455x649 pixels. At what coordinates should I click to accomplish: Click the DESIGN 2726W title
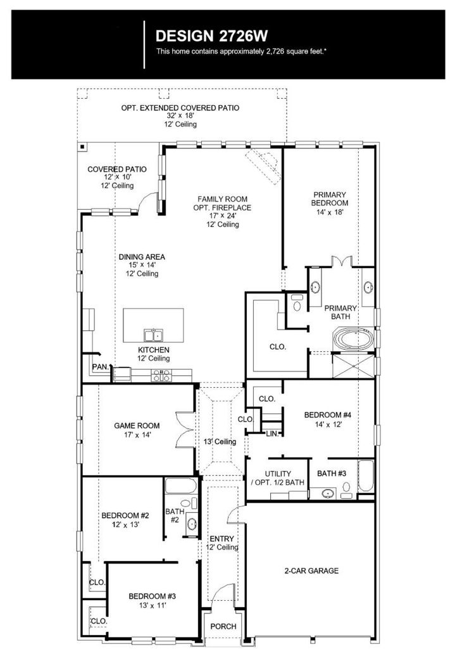[x=211, y=36]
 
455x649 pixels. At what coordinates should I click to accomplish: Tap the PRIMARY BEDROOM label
[x=329, y=198]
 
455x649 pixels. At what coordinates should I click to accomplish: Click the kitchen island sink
[x=153, y=335]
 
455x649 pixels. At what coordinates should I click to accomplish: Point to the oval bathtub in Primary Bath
[x=353, y=338]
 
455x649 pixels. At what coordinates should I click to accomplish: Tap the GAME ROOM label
[x=137, y=425]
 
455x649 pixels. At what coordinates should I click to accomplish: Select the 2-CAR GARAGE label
[x=311, y=571]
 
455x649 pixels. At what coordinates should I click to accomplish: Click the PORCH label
[x=223, y=626]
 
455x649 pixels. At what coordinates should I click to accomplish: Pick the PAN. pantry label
[x=101, y=367]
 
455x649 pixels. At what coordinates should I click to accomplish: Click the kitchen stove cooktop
[x=161, y=375]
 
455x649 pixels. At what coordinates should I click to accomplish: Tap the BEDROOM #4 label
[x=328, y=414]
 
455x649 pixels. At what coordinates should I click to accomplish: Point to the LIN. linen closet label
[x=272, y=434]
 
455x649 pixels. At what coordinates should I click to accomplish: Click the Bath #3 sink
[x=328, y=493]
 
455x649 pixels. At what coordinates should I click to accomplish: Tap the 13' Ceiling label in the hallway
[x=220, y=442]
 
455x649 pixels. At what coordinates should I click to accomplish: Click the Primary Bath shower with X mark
[x=353, y=365]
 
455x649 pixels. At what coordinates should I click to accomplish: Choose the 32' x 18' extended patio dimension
[x=180, y=116]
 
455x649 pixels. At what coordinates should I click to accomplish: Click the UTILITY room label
[x=278, y=473]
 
